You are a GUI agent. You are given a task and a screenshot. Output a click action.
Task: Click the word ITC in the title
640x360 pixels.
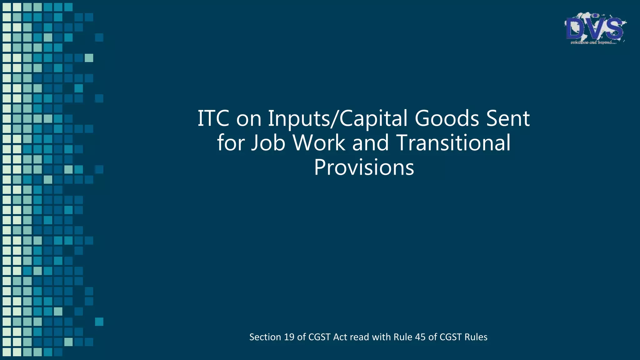213,118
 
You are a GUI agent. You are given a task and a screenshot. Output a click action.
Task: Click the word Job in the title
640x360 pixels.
268,143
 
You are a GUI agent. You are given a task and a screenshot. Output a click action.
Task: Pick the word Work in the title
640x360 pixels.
319,143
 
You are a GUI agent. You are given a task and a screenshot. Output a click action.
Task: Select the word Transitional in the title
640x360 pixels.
453,143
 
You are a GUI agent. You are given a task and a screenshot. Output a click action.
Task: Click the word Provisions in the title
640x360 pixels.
364,167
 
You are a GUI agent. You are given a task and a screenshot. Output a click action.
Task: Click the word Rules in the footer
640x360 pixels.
476,337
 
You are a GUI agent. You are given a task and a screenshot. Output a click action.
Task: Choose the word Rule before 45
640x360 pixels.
403,337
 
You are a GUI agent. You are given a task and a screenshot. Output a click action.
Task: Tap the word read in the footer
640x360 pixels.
359,337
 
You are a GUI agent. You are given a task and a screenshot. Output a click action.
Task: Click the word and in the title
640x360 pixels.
371,143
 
